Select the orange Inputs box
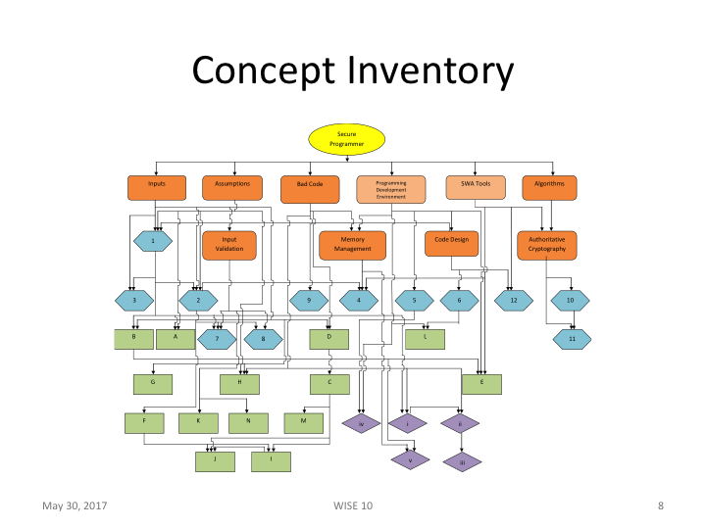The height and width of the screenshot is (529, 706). click(157, 186)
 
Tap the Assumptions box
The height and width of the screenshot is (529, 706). click(232, 186)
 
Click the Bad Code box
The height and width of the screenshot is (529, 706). click(309, 186)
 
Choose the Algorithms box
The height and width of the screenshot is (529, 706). click(550, 186)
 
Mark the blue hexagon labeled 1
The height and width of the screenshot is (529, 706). click(153, 240)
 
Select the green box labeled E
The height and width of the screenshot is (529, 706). click(480, 383)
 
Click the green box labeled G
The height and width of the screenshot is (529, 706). click(153, 383)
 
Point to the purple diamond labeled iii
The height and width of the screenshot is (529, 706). click(460, 460)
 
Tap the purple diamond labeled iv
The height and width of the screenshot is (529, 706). click(361, 423)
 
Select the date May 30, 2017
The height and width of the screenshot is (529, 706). click(75, 505)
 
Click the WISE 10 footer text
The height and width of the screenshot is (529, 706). click(353, 505)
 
